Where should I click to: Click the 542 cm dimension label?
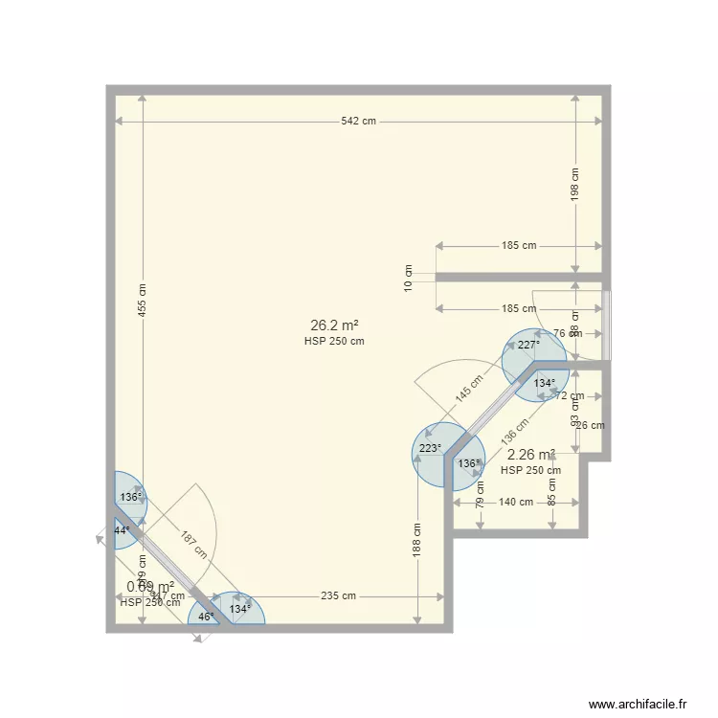pyautogui.click(x=359, y=122)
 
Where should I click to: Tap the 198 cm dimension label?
pyautogui.click(x=575, y=186)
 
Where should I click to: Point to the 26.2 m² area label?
pyautogui.click(x=334, y=325)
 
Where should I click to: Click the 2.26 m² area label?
pyautogui.click(x=531, y=455)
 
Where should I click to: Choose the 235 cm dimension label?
pyautogui.click(x=338, y=596)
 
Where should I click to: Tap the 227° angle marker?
pyautogui.click(x=528, y=346)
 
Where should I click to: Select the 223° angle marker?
pyautogui.click(x=430, y=448)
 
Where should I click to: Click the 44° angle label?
pyautogui.click(x=122, y=529)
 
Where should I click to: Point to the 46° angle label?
pyautogui.click(x=206, y=617)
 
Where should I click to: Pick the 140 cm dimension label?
pyautogui.click(x=516, y=503)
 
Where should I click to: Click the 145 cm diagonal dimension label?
pyautogui.click(x=470, y=393)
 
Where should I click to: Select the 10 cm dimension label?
pyautogui.click(x=408, y=278)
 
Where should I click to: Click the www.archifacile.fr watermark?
pyautogui.click(x=639, y=704)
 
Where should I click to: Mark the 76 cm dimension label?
pyautogui.click(x=567, y=334)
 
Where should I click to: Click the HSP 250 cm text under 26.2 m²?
pyautogui.click(x=334, y=342)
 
